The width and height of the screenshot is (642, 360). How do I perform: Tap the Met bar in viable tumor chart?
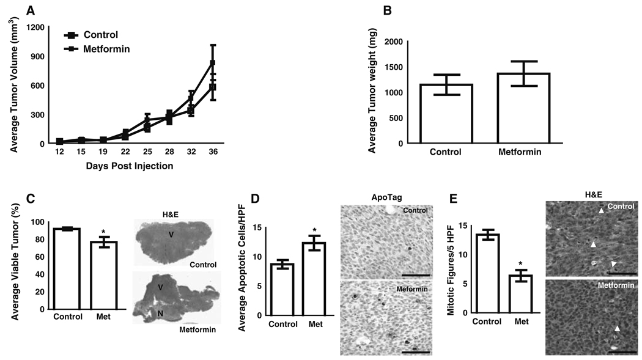click(x=108, y=275)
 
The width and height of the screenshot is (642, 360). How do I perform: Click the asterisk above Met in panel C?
click(x=108, y=232)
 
